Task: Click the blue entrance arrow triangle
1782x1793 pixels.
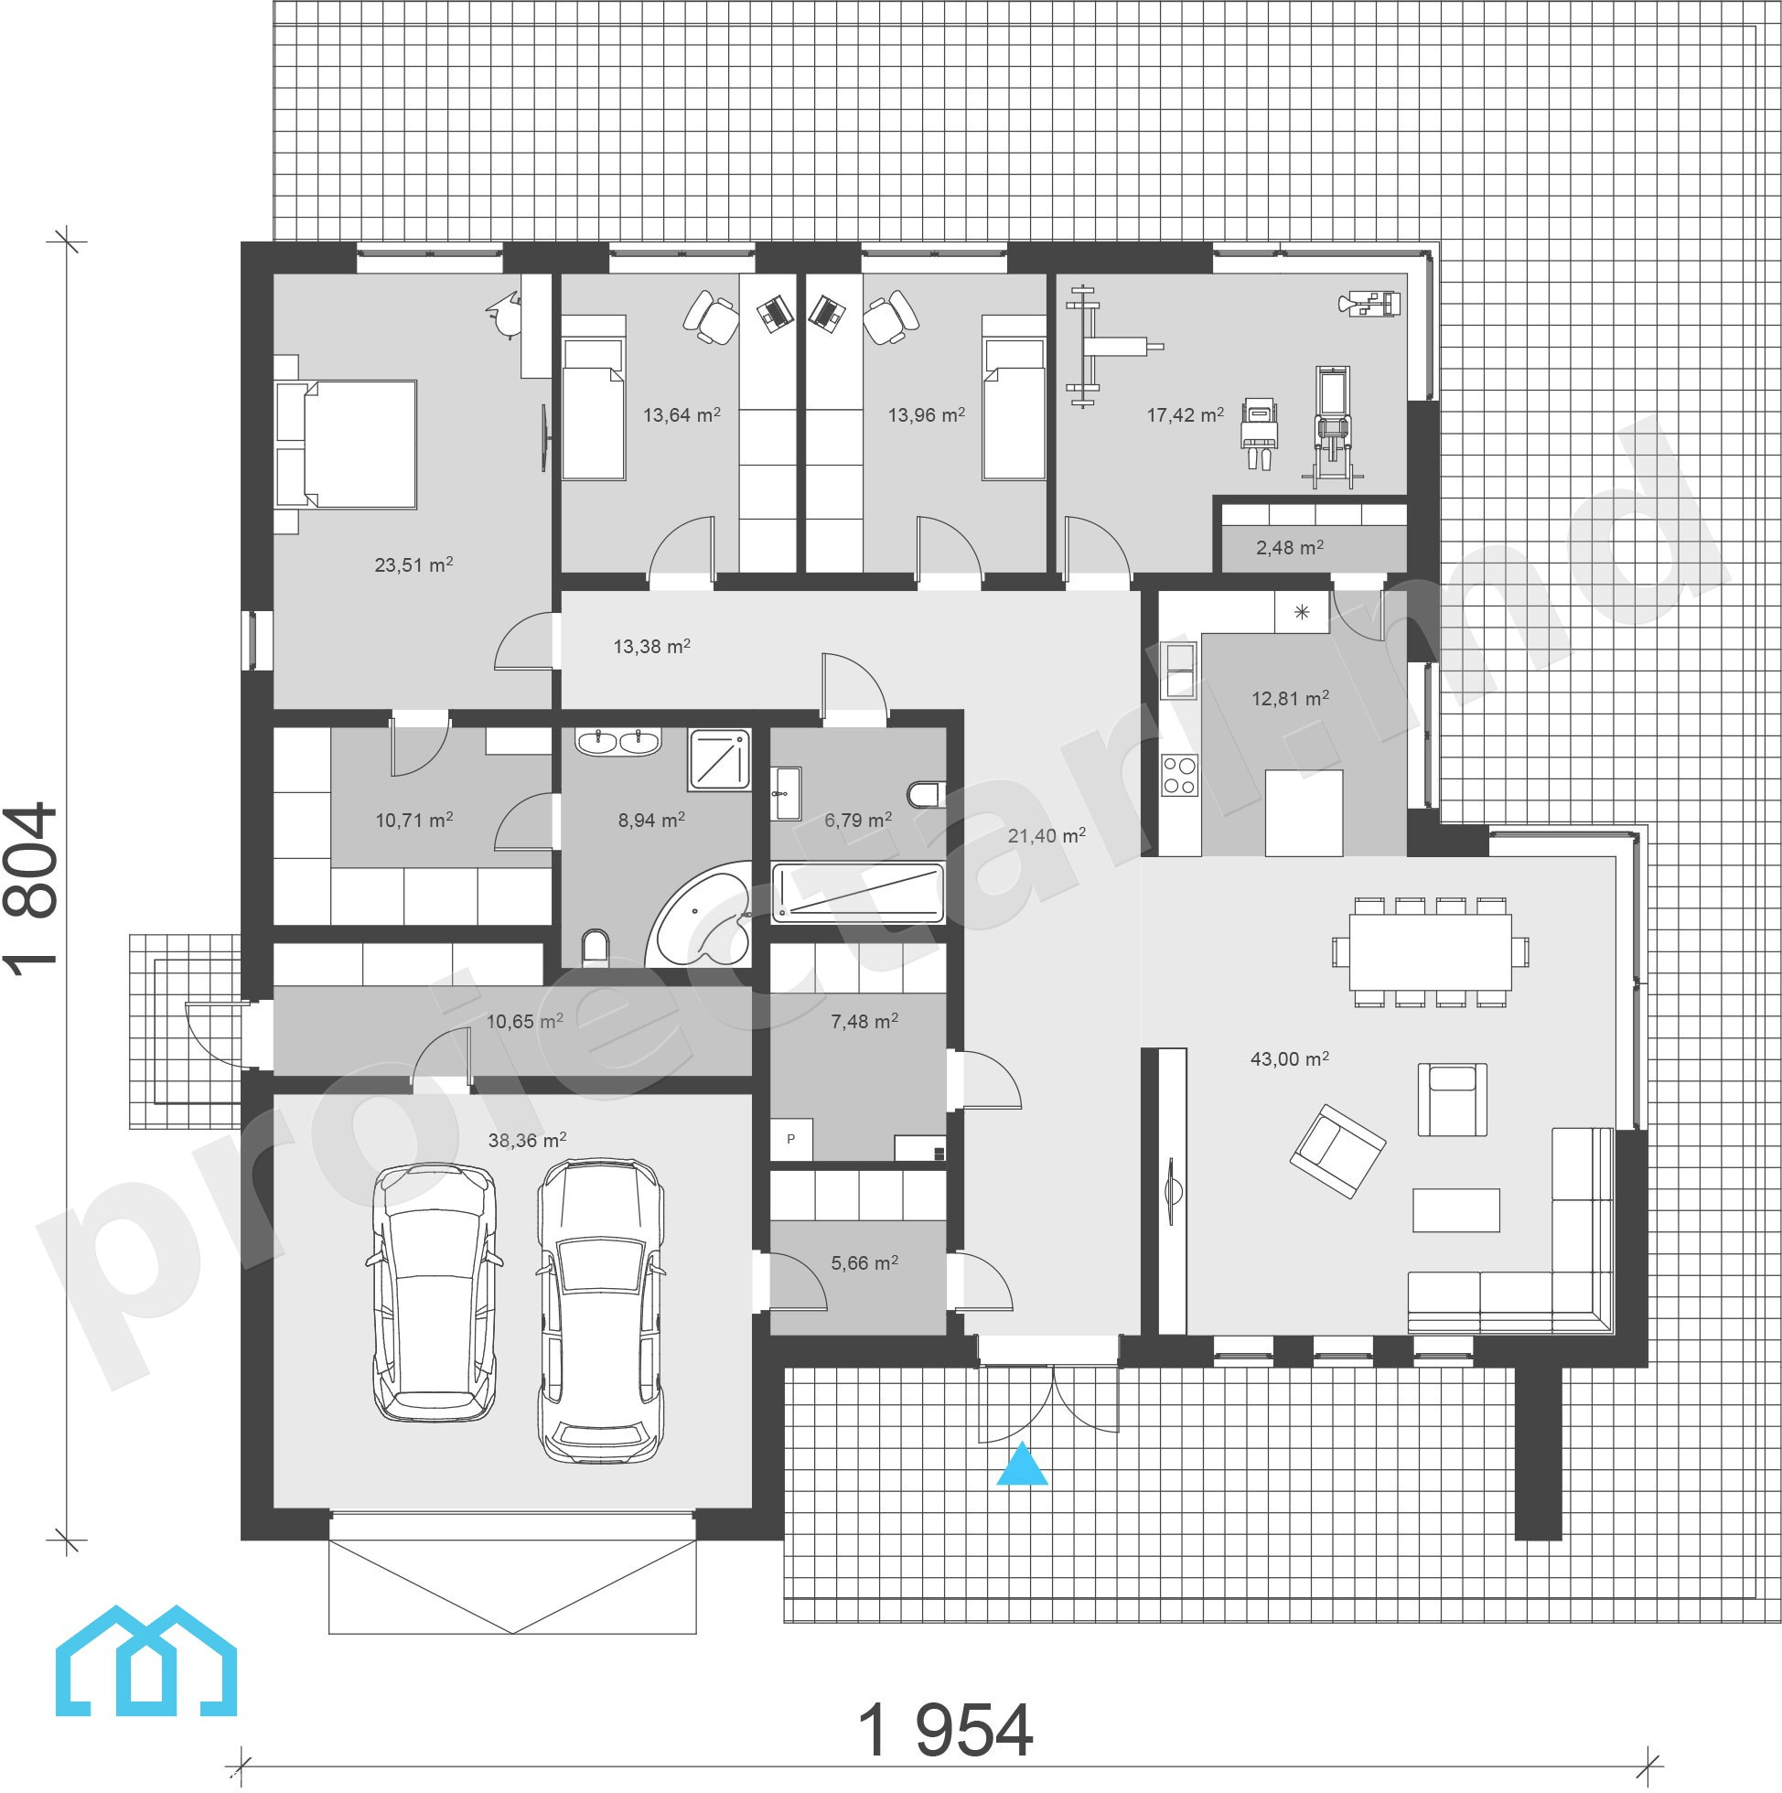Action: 1022,1464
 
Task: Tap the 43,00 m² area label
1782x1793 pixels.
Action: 1289,1059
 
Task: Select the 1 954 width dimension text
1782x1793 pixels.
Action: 945,1730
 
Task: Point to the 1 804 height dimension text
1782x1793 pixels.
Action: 30,890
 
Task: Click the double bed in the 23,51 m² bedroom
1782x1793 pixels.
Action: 345,445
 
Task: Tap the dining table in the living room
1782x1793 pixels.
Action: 1430,952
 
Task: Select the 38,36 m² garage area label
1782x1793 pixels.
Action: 527,1141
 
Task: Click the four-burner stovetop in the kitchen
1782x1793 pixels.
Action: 1180,776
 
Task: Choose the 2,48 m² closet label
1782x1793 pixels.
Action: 1289,548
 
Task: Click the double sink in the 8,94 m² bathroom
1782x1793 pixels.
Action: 618,742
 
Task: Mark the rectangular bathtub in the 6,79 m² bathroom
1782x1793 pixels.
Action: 857,893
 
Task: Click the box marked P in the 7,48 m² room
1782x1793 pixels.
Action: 791,1140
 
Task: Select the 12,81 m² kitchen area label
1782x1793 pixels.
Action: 1290,698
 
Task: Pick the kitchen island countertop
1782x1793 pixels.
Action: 1304,813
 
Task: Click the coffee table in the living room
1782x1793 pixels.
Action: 1456,1210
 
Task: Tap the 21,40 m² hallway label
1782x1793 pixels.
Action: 1047,835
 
